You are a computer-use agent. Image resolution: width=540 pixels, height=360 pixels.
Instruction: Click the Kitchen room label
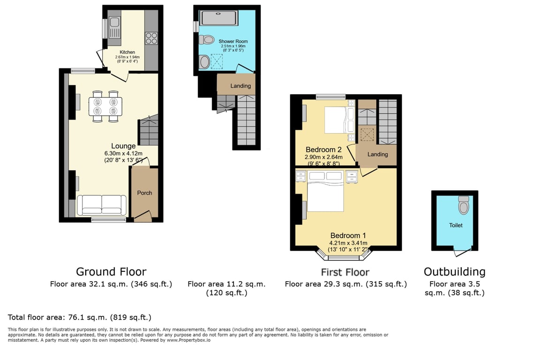pyautogui.click(x=127, y=52)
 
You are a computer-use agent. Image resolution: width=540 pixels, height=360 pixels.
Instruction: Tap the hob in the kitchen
pyautogui.click(x=151, y=38)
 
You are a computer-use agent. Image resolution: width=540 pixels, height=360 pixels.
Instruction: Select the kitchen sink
pyautogui.click(x=114, y=27)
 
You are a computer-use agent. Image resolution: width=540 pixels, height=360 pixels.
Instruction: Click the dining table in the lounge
pyautogui.click(x=105, y=106)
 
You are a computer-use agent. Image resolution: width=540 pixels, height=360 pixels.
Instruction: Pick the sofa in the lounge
pyautogui.click(x=102, y=205)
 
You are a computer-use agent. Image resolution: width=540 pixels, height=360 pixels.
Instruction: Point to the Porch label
pyautogui.click(x=145, y=193)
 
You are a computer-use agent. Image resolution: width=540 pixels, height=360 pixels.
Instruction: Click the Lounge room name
pyautogui.click(x=123, y=146)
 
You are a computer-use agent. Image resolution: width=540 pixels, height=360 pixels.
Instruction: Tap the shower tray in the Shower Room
pyautogui.click(x=219, y=18)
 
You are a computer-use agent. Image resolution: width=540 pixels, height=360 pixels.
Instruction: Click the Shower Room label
pyautogui.click(x=233, y=41)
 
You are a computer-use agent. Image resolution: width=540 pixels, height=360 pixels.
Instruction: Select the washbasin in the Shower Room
pyautogui.click(x=204, y=62)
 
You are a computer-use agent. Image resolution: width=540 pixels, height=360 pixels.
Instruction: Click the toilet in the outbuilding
pyautogui.click(x=464, y=205)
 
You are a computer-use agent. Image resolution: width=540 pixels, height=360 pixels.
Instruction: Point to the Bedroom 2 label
pyautogui.click(x=324, y=150)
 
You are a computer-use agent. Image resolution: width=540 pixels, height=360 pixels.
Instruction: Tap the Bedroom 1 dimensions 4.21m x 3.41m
pyautogui.click(x=348, y=243)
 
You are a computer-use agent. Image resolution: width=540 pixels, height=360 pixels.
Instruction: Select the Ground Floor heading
pyautogui.click(x=111, y=272)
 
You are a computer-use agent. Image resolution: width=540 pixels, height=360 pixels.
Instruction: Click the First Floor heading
pyautogui.click(x=345, y=272)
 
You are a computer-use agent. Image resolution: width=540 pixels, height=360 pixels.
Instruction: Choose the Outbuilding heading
pyautogui.click(x=455, y=272)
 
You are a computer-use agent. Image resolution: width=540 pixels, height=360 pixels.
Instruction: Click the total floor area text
pyautogui.click(x=80, y=317)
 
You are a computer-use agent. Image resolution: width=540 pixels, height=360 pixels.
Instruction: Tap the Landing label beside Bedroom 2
pyautogui.click(x=378, y=154)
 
